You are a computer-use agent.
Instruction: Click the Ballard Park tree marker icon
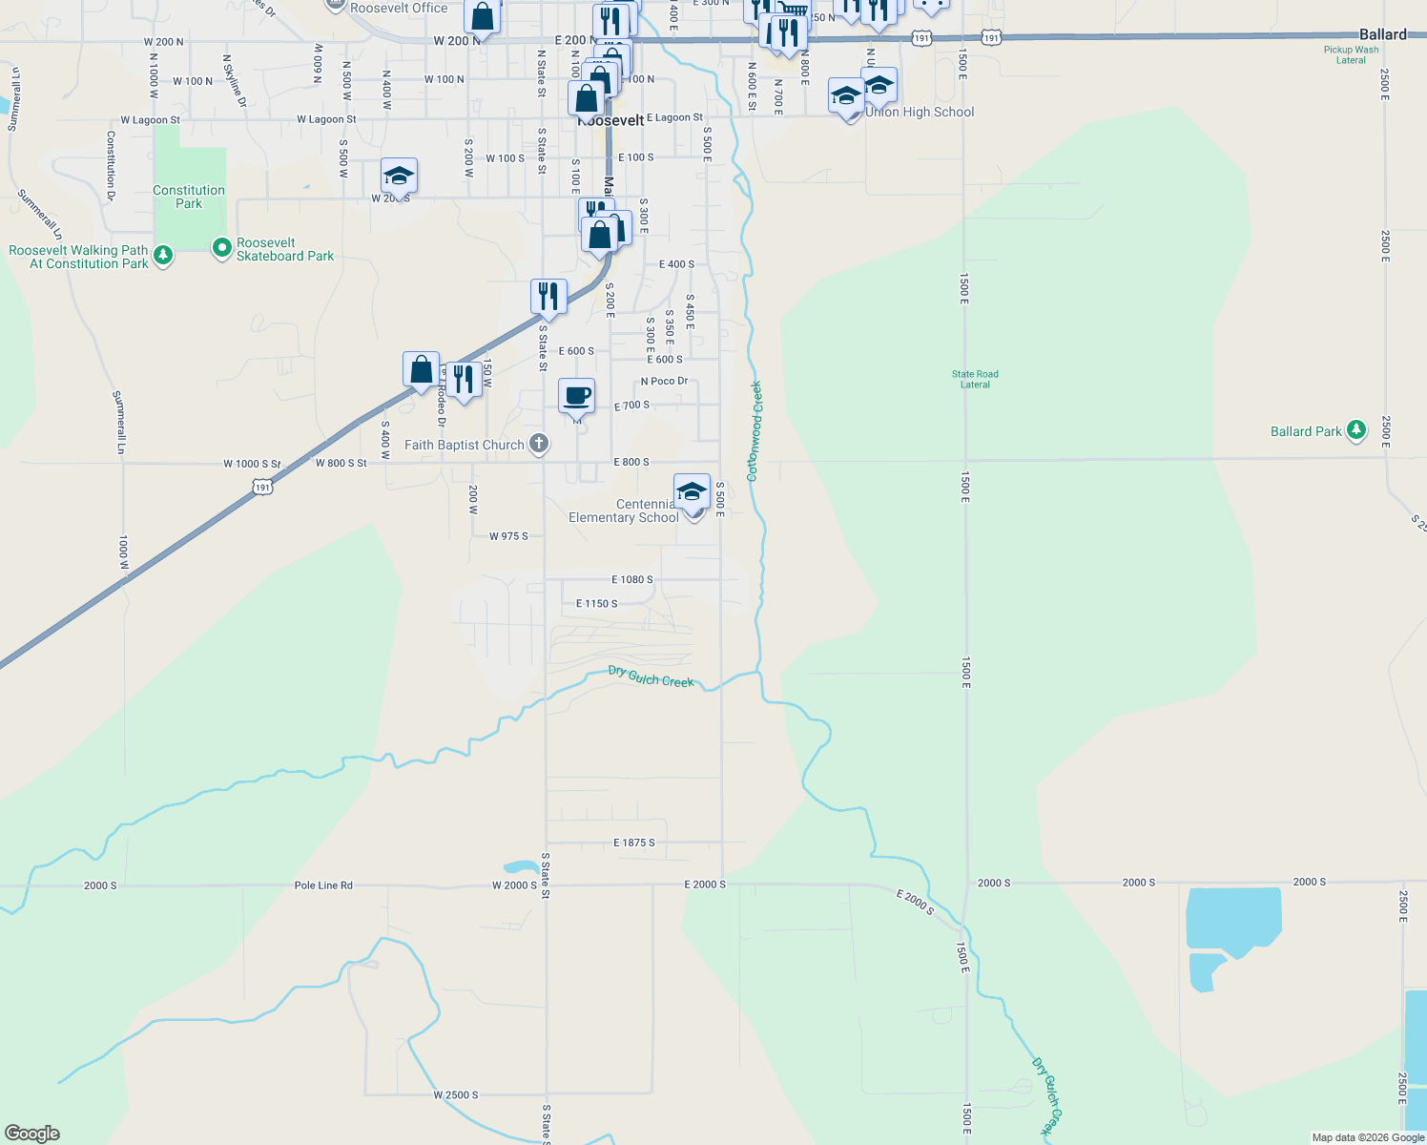(x=1356, y=430)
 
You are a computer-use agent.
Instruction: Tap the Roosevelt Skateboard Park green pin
(x=222, y=249)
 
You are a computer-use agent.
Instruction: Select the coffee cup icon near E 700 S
(x=576, y=395)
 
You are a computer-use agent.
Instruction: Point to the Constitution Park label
(x=189, y=197)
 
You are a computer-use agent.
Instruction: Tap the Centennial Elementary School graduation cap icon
(x=692, y=491)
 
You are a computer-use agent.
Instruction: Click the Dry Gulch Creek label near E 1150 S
(x=651, y=677)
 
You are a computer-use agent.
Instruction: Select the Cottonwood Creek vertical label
(x=755, y=431)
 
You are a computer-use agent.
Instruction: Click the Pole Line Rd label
(x=323, y=885)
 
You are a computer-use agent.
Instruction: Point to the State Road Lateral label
(x=975, y=380)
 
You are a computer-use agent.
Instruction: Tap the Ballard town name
(x=1382, y=34)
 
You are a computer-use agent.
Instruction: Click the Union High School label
(x=920, y=113)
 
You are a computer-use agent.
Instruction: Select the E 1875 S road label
(x=633, y=843)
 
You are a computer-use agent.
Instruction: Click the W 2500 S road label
(x=456, y=1095)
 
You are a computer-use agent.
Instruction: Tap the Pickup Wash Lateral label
(x=1351, y=54)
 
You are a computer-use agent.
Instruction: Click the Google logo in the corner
(x=32, y=1134)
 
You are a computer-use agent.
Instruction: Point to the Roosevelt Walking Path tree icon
(x=163, y=255)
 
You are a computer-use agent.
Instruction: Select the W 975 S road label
(x=508, y=536)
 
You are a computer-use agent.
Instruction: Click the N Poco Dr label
(x=664, y=381)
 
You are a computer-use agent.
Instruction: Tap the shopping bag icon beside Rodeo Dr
(x=421, y=369)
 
